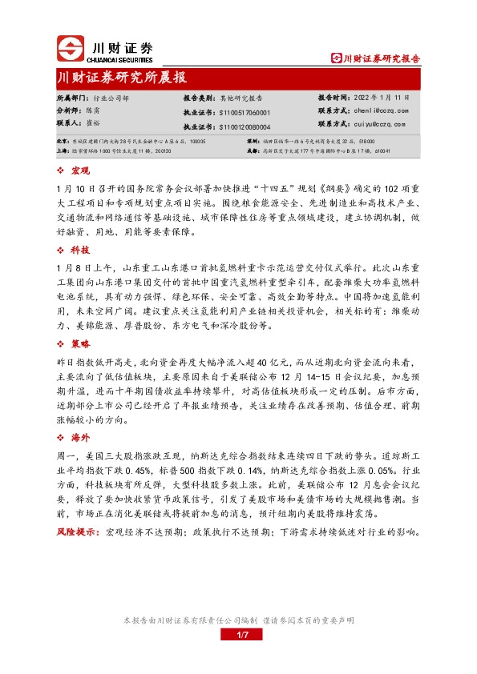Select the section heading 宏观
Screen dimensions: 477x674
coord(81,171)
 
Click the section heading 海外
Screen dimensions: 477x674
coord(81,437)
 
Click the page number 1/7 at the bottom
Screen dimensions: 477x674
coord(238,635)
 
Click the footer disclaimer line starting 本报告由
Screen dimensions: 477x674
coord(238,620)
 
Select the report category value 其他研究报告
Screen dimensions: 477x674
coord(239,97)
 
